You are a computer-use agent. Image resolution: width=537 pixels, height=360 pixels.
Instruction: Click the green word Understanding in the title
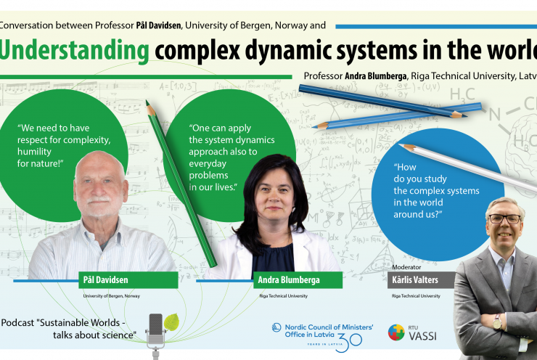(74, 51)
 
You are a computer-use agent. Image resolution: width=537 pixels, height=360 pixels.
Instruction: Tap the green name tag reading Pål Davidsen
(128, 280)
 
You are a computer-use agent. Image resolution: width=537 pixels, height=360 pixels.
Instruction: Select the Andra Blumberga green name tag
(298, 280)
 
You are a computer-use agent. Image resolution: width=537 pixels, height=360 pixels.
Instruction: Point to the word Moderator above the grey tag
(406, 267)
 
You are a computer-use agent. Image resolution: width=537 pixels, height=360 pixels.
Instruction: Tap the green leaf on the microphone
(171, 322)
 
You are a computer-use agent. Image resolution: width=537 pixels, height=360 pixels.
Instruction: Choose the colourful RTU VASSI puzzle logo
(396, 332)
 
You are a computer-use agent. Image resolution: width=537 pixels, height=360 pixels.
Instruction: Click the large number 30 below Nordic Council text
(348, 343)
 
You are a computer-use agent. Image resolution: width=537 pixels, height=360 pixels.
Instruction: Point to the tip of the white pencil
(399, 144)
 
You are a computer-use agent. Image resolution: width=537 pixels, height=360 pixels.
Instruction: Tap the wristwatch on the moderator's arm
(497, 322)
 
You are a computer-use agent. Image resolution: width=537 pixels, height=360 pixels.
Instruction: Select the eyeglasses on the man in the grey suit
(505, 218)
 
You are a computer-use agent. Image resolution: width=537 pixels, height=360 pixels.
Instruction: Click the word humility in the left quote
(34, 152)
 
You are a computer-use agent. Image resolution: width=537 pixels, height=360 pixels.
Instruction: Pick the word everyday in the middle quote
(208, 164)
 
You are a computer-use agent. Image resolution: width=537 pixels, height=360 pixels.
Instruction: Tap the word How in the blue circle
(405, 167)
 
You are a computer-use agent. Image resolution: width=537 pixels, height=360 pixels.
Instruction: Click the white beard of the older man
(99, 205)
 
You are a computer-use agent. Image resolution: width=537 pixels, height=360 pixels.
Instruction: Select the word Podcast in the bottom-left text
(18, 323)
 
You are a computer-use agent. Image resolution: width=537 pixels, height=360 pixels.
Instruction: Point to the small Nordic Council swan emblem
(276, 327)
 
